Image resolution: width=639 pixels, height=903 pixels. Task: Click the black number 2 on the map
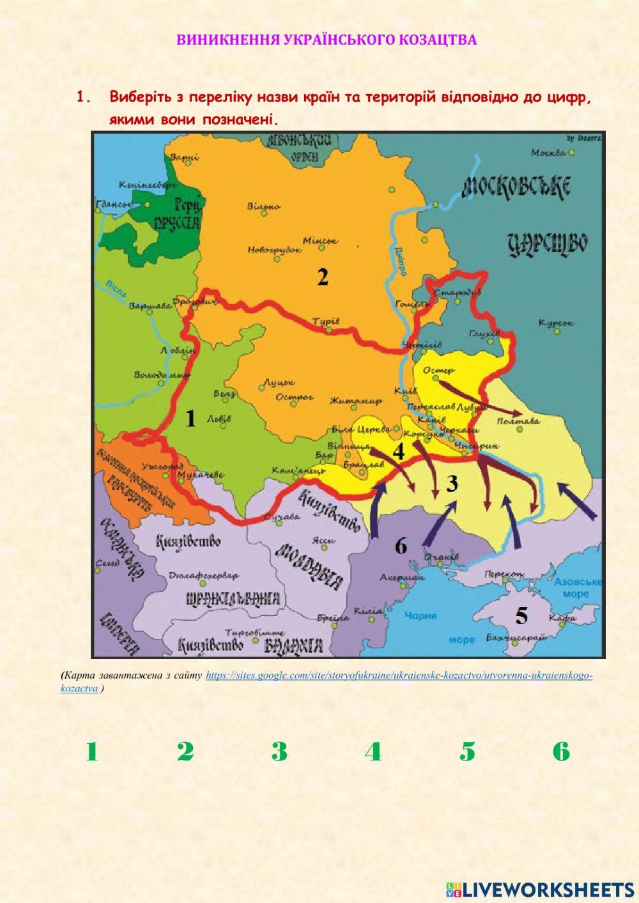click(x=323, y=277)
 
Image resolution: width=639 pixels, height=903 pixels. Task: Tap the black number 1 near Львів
click(x=190, y=419)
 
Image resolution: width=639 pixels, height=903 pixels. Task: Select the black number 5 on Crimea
click(x=521, y=616)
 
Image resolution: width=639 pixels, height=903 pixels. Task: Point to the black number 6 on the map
click(x=401, y=546)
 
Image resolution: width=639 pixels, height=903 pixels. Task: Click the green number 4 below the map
click(x=373, y=752)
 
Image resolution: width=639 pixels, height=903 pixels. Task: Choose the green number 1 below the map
click(x=92, y=752)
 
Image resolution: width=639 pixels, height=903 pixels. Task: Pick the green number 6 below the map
click(x=561, y=752)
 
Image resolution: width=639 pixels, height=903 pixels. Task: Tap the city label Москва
click(x=548, y=153)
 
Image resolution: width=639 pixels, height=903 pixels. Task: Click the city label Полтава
click(x=518, y=421)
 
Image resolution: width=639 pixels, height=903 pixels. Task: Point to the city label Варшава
click(x=150, y=305)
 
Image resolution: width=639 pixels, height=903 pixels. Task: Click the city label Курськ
click(x=556, y=323)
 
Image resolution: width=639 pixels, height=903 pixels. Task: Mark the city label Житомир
click(x=355, y=401)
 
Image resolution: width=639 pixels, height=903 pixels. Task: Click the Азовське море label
click(x=578, y=588)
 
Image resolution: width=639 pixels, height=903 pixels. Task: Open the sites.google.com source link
click(x=399, y=675)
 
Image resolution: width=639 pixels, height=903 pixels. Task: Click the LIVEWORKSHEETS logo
click(x=540, y=889)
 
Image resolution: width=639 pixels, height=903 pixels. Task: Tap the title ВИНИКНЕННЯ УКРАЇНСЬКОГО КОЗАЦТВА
click(x=327, y=40)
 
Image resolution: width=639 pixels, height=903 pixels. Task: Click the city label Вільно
click(x=264, y=206)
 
